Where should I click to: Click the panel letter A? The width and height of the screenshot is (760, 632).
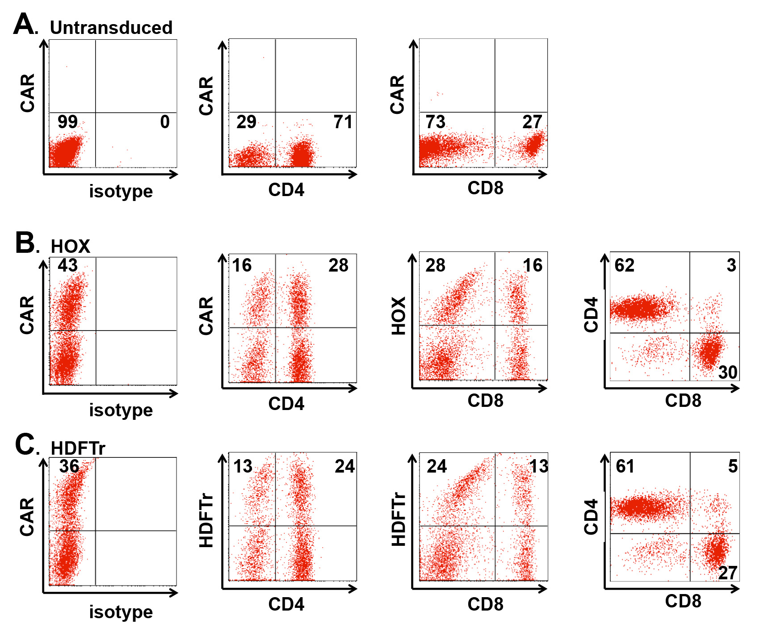[x=24, y=24]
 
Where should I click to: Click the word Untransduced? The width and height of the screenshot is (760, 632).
[x=111, y=28]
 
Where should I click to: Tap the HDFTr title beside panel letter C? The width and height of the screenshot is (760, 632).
[x=78, y=448]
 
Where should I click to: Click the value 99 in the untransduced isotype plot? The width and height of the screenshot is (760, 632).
[x=67, y=122]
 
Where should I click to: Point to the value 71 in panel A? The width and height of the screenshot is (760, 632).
[x=343, y=122]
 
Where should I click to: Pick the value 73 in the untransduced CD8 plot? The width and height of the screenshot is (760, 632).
[x=435, y=122]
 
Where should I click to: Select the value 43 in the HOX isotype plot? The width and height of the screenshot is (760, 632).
[x=67, y=265]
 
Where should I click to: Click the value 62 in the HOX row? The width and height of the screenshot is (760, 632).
[x=624, y=265]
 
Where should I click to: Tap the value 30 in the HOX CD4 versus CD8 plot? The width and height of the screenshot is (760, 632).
[x=728, y=372]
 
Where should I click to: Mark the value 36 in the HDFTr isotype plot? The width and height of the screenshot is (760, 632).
[x=69, y=466]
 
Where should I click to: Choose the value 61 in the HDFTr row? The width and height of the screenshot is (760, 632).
[x=625, y=466]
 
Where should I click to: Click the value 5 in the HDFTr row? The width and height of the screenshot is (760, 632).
[x=733, y=466]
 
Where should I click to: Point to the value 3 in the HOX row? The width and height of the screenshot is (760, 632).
[x=731, y=265]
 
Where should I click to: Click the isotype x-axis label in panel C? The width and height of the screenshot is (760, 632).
[x=121, y=612]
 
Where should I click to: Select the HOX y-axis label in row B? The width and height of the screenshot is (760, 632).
[x=398, y=316]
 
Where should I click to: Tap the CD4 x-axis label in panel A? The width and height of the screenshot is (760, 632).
[x=286, y=190]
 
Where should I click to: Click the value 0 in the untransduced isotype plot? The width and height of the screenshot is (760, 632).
[x=165, y=122]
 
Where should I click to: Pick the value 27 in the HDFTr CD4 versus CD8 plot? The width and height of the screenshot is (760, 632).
[x=728, y=573]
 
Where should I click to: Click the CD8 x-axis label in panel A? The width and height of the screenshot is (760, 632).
[x=485, y=188]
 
